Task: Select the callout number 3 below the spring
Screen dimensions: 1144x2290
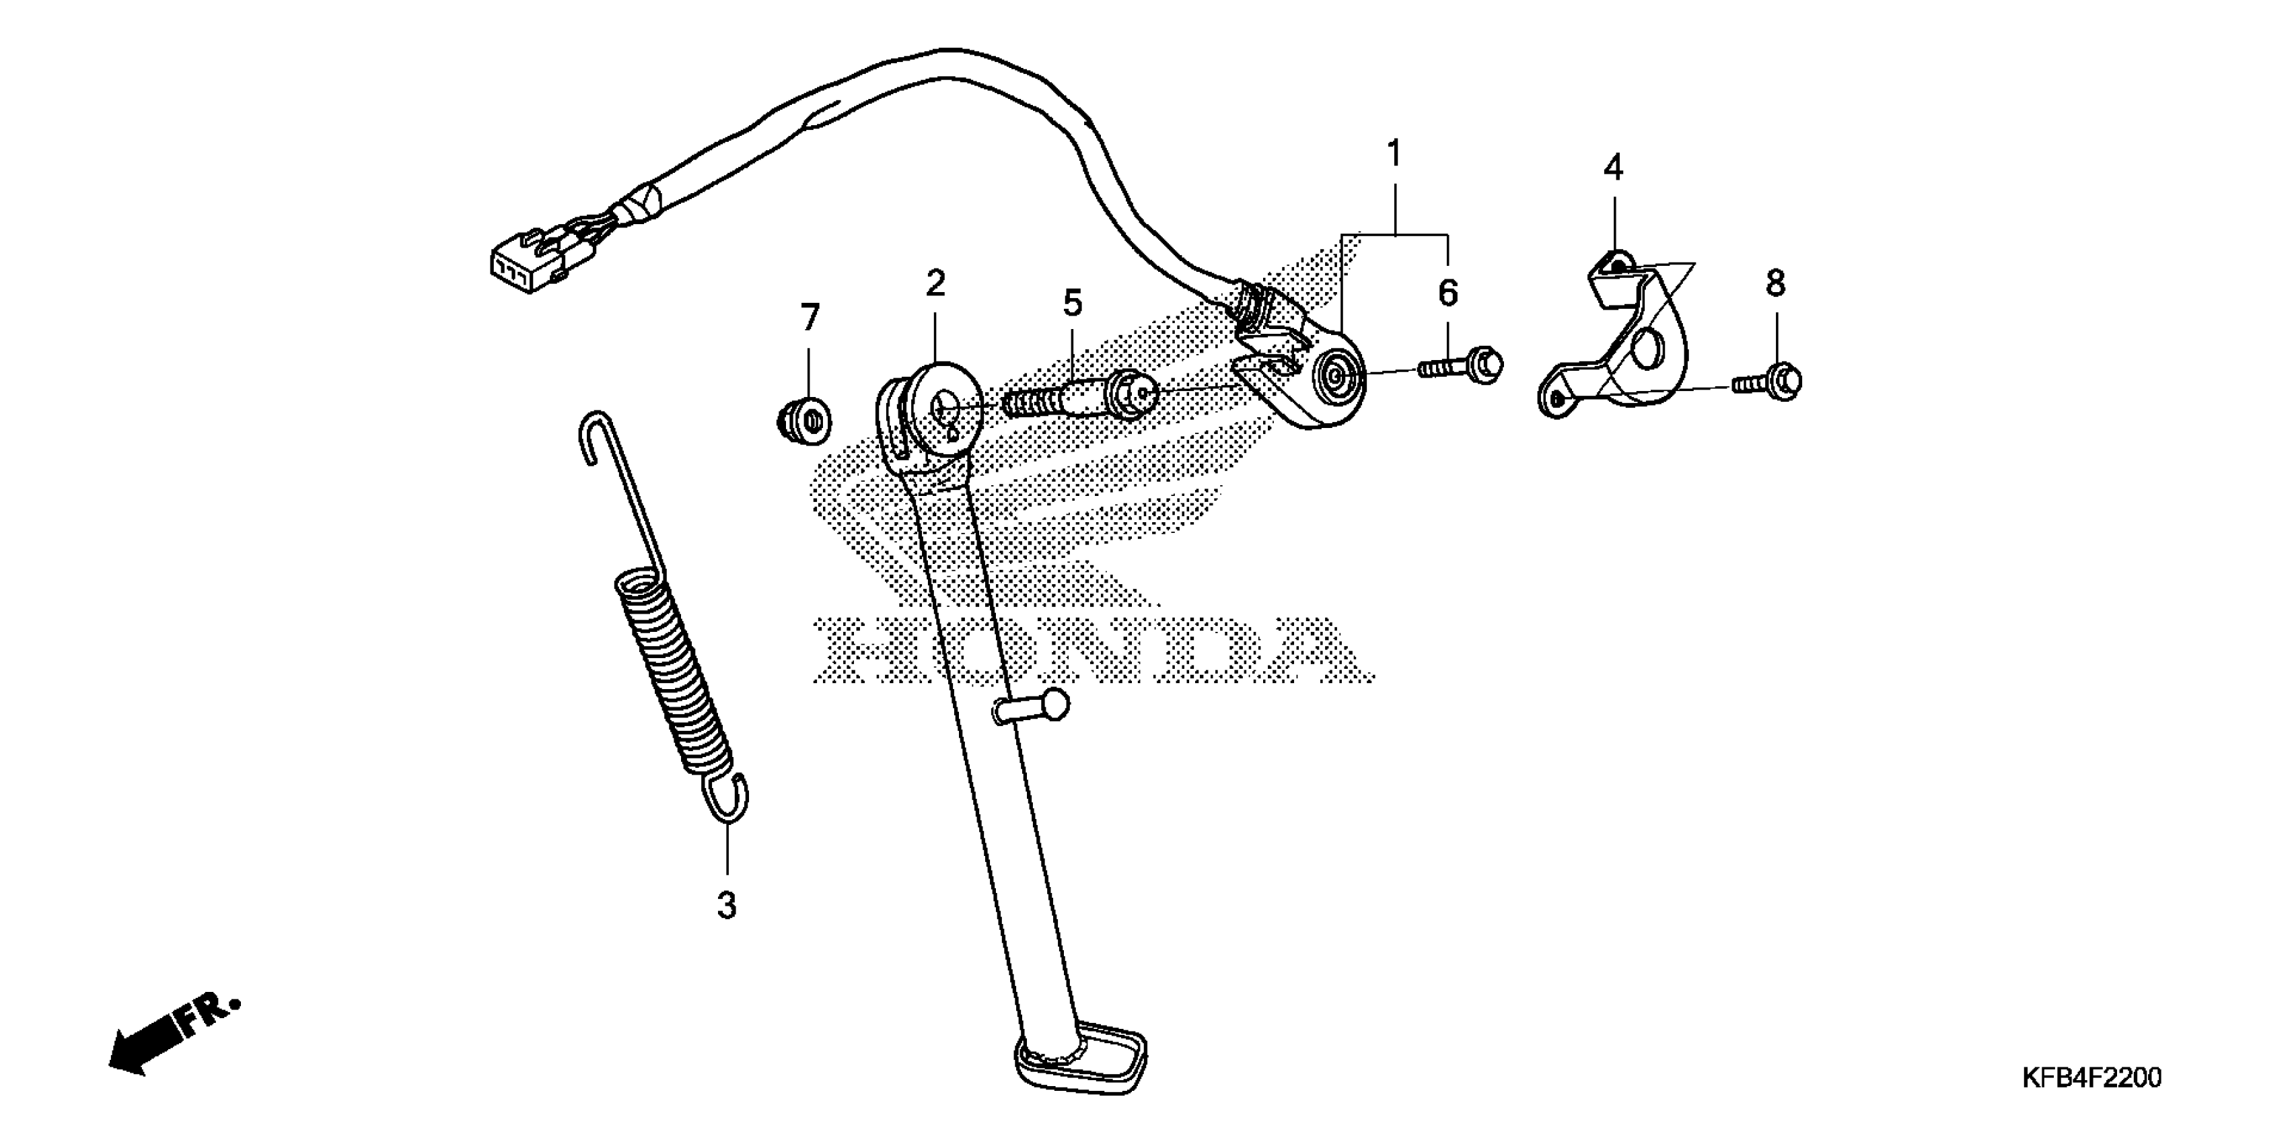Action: click(x=727, y=905)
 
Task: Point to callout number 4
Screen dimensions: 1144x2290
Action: click(x=1612, y=167)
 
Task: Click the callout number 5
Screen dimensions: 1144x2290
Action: click(x=1073, y=303)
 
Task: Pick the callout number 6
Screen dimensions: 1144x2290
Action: click(x=1448, y=293)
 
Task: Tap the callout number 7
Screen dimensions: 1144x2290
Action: click(x=809, y=318)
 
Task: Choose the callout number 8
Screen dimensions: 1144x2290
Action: click(x=1775, y=283)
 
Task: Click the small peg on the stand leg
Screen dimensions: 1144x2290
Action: click(x=1036, y=706)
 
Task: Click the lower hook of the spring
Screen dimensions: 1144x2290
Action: click(x=728, y=798)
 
